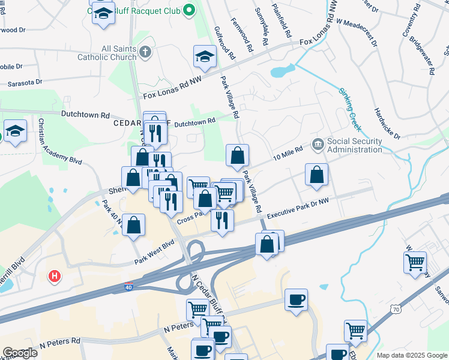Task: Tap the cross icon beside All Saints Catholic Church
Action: coord(145,52)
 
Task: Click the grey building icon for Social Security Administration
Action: coord(318,144)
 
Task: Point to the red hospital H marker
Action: coord(55,277)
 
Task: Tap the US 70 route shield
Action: coord(394,309)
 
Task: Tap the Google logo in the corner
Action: coord(20,353)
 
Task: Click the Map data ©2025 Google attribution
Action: coord(411,355)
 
